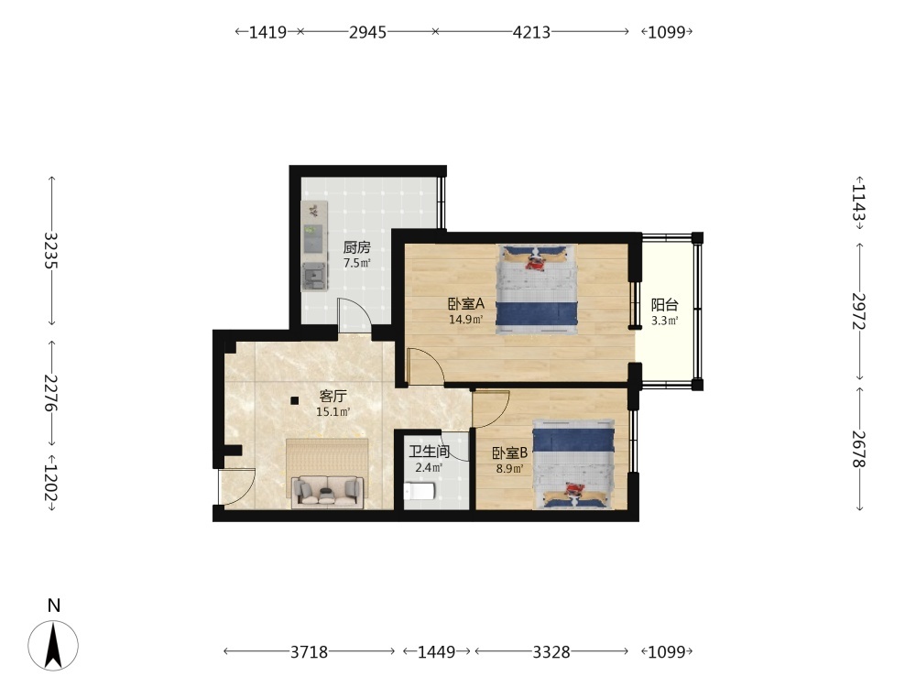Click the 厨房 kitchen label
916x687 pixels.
click(x=357, y=247)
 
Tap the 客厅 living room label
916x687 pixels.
click(x=333, y=396)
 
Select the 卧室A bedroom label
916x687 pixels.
click(x=466, y=304)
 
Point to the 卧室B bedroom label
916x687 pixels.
click(x=510, y=453)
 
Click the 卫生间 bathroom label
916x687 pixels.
click(x=430, y=452)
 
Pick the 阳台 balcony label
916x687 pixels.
click(x=665, y=304)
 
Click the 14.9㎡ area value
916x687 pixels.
click(x=465, y=320)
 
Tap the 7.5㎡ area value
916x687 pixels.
click(x=357, y=263)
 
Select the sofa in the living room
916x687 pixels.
click(x=327, y=491)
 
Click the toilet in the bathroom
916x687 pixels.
click(x=419, y=491)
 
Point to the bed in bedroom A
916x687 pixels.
click(x=537, y=289)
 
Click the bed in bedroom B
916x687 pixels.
click(x=573, y=463)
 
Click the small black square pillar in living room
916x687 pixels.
click(x=295, y=401)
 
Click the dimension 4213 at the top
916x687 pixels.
click(x=531, y=31)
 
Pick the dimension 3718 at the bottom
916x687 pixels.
click(x=309, y=651)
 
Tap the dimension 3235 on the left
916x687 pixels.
click(x=52, y=251)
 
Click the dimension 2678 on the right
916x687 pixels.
click(x=859, y=449)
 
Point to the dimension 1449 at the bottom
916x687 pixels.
click(x=436, y=651)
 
